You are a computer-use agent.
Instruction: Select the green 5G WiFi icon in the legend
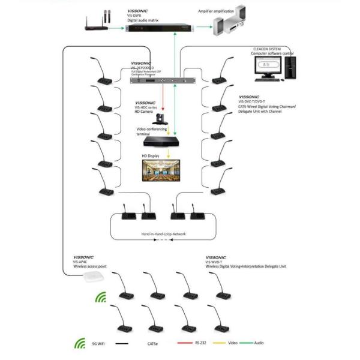coord(79,344)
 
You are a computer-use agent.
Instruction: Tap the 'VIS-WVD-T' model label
coord(214,262)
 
